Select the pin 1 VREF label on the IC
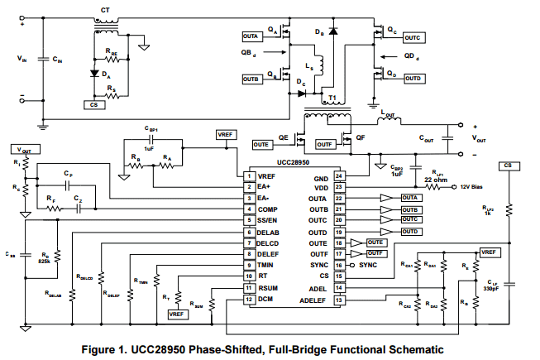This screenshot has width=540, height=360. coord(267,176)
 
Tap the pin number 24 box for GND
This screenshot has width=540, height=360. coord(338,176)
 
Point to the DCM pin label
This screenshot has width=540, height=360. coord(265,299)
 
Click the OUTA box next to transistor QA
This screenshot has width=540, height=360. coord(251,37)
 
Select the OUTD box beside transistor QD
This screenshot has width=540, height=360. coord(413,79)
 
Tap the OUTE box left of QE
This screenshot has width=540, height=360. coord(262,144)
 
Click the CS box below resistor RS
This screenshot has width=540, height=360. coord(95,105)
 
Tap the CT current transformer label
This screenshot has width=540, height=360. coord(104,9)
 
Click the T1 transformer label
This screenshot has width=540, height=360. coord(332,98)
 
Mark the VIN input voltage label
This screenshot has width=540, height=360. coord(22,60)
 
